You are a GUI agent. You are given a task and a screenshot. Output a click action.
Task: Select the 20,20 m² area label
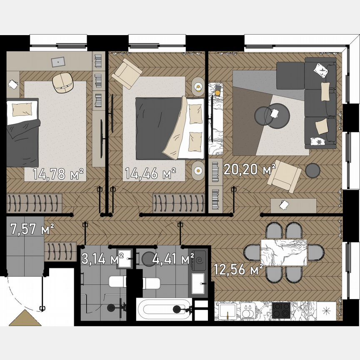pyautogui.click(x=250, y=169)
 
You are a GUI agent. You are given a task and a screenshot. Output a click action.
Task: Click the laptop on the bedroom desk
pyautogui.click(x=58, y=61)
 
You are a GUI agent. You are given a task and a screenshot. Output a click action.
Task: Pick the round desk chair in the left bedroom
pyautogui.click(x=63, y=82)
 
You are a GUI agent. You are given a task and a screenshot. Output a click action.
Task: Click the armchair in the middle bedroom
pyautogui.click(x=127, y=73)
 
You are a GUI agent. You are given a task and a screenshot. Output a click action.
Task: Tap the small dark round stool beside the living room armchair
pyautogui.click(x=312, y=170)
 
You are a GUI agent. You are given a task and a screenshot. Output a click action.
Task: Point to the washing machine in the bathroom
pyautogui.click(x=199, y=262)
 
